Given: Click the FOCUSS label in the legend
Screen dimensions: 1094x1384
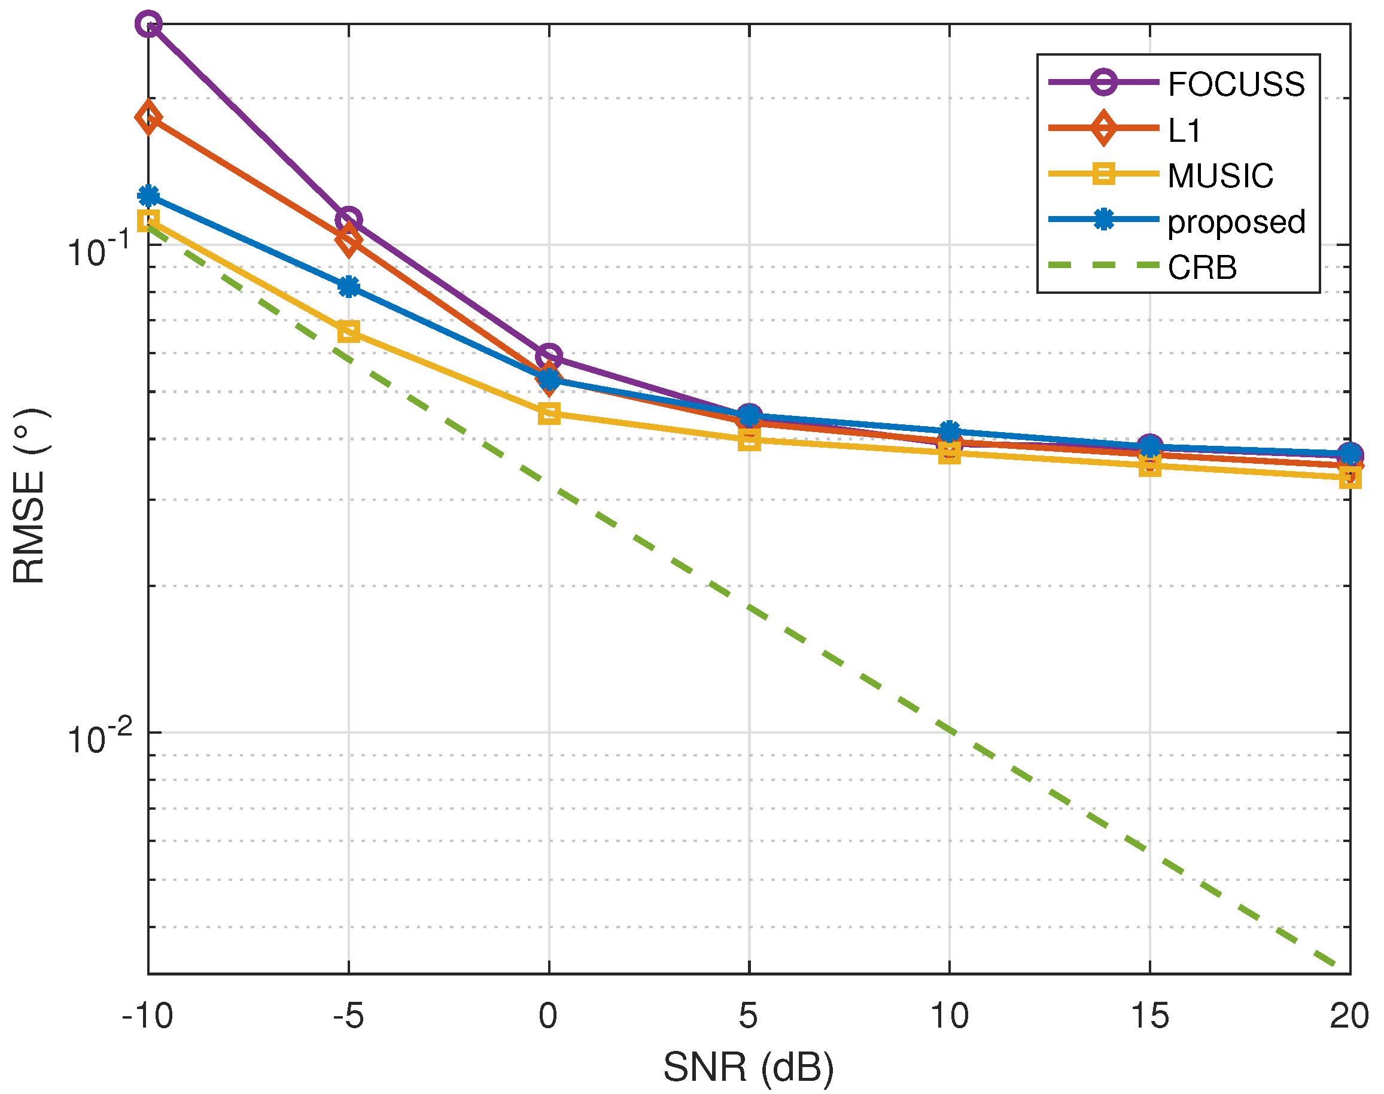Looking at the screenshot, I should (1236, 84).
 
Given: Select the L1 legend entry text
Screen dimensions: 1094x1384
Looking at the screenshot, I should (1184, 130).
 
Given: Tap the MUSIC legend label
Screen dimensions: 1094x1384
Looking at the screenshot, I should (1220, 176).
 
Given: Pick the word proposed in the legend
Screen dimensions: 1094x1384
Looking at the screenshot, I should (1236, 222).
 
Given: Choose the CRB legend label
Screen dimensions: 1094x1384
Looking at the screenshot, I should (1202, 268).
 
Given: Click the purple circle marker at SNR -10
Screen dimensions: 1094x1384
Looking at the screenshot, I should (148, 25).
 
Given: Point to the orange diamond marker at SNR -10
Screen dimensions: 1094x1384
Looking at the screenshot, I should (148, 117).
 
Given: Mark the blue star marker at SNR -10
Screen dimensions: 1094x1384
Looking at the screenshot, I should (148, 196).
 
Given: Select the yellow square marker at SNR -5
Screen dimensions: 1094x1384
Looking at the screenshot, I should (348, 331).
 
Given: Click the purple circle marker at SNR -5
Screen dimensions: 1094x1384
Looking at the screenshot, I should (348, 220).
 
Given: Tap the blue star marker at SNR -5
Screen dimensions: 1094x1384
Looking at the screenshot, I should (348, 286).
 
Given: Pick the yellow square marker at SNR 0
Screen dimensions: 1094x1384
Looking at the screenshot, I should (549, 413).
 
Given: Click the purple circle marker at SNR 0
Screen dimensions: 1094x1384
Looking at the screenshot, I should (549, 355).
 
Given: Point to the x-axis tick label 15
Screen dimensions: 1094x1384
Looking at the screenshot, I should (1149, 1016).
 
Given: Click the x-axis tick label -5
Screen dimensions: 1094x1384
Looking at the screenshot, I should (348, 1016).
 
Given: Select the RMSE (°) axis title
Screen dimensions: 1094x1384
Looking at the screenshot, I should (29, 495).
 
